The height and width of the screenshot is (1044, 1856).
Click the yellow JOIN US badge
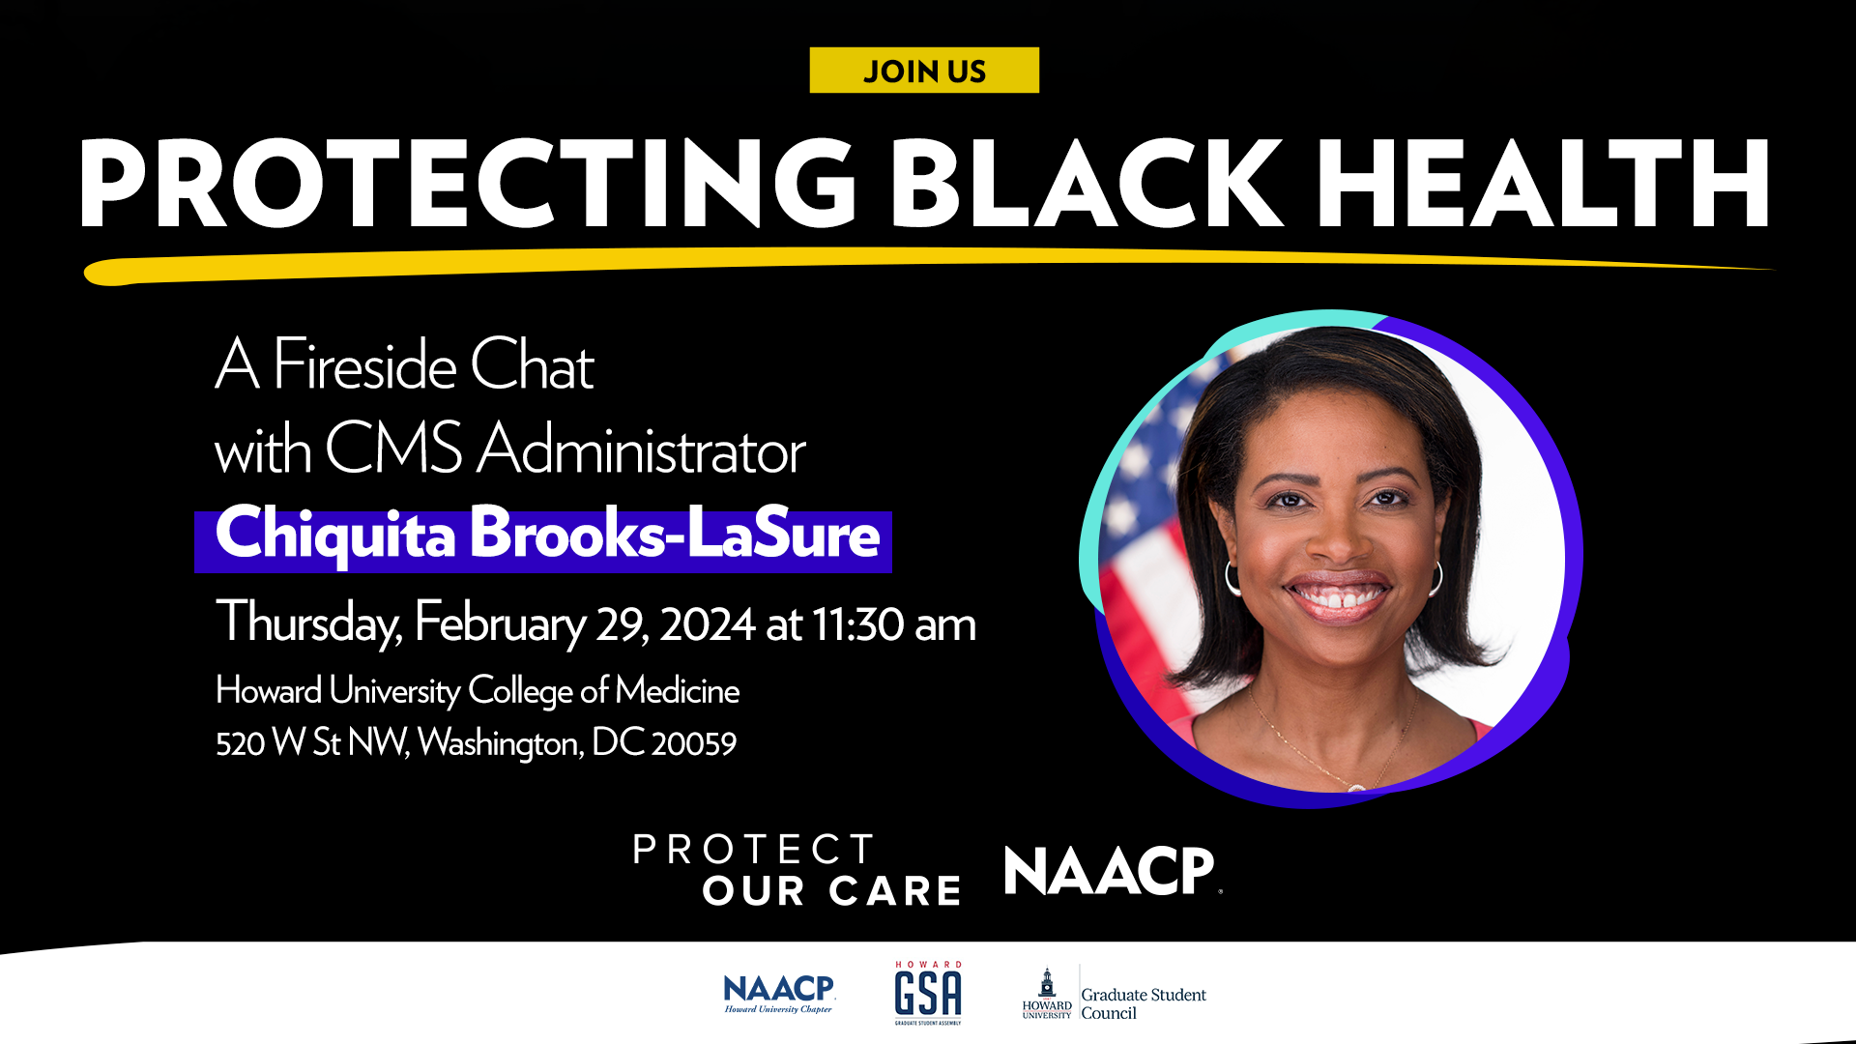[924, 71]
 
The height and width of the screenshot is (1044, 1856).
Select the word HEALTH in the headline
[1543, 183]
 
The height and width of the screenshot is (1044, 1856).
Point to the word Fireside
[364, 365]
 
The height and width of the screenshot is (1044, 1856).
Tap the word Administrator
[642, 449]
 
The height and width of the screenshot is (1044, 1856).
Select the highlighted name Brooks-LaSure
[675, 533]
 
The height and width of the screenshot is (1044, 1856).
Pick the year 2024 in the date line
[707, 624]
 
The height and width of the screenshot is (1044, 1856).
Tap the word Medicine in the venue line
[677, 690]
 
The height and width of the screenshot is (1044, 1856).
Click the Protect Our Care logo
[797, 869]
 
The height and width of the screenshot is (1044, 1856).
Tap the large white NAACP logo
[1113, 870]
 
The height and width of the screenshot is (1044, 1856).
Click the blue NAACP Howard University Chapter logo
[779, 994]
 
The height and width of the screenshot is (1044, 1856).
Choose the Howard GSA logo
[928, 993]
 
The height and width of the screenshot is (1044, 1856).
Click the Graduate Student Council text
[1144, 1003]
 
